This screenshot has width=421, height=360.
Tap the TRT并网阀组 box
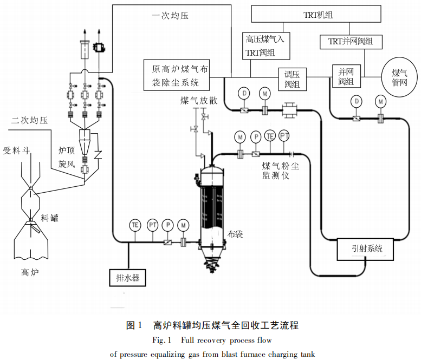(354, 42)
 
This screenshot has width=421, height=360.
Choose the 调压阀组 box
(292, 78)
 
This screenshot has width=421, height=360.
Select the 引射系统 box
(367, 249)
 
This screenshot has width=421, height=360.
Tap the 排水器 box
(128, 277)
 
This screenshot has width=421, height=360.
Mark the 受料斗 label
(16, 150)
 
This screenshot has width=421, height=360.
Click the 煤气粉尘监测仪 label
(280, 171)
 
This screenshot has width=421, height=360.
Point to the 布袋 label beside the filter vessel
(235, 234)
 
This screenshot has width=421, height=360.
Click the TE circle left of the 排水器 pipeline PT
(135, 225)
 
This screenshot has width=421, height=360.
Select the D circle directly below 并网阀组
(356, 101)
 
